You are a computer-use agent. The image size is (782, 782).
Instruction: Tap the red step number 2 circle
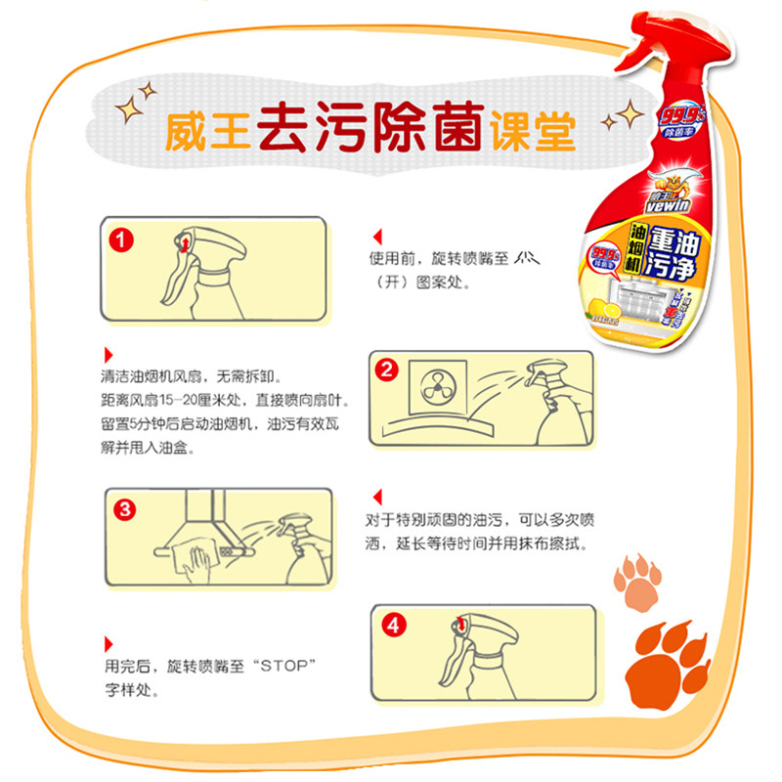click(x=387, y=369)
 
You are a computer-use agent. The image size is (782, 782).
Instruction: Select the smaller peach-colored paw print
click(x=638, y=583)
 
